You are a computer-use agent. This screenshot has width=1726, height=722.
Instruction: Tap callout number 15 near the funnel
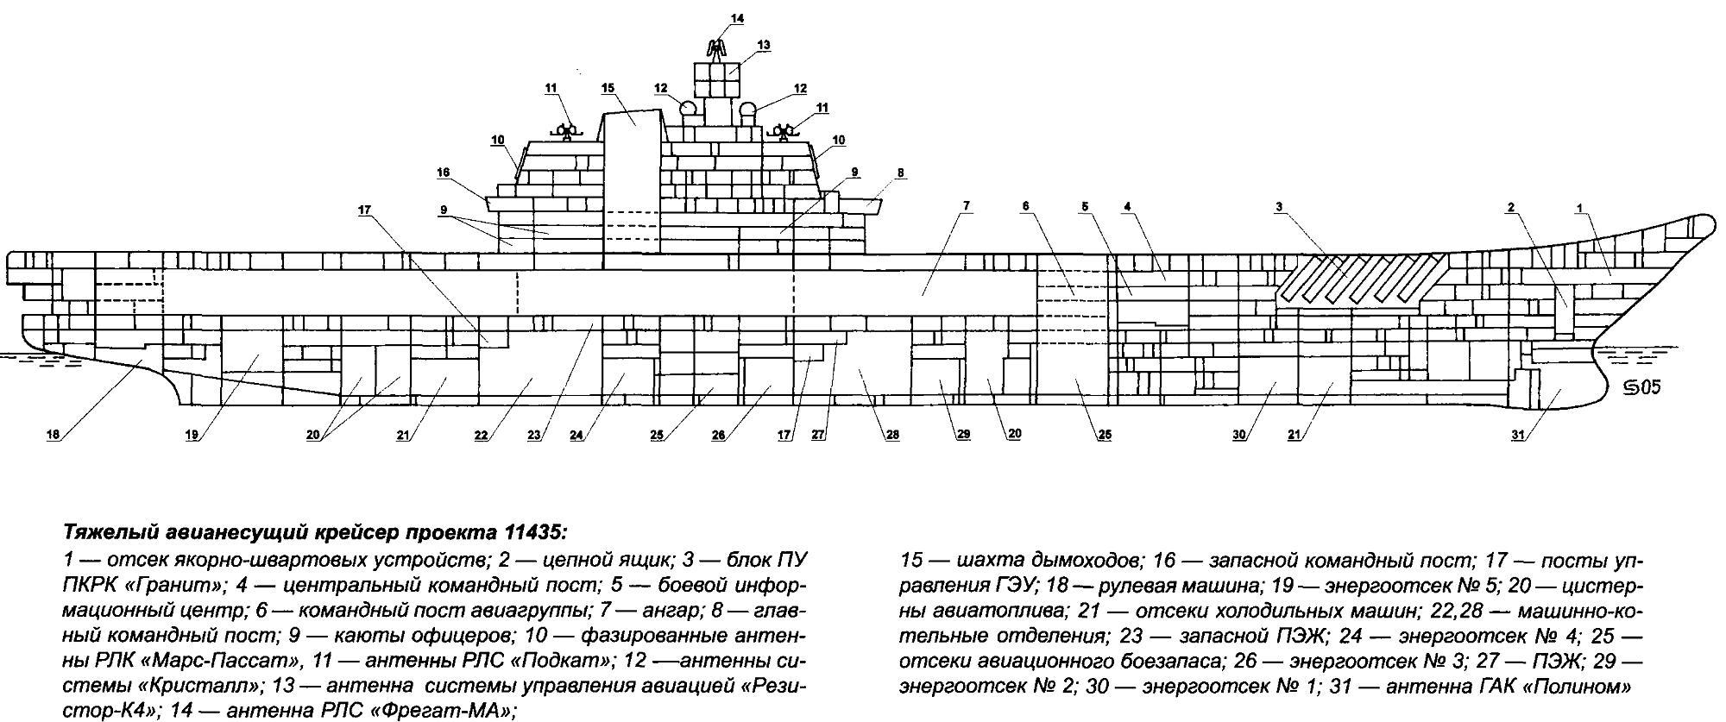pos(608,88)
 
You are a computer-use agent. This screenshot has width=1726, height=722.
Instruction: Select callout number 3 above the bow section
pos(1280,206)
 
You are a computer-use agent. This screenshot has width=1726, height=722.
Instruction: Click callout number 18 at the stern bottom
pos(54,436)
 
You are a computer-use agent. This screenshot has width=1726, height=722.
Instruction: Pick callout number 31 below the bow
pos(1518,436)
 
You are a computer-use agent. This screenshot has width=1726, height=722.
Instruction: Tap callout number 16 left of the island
pos(444,173)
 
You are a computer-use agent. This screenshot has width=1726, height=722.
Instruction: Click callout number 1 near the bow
pos(1579,208)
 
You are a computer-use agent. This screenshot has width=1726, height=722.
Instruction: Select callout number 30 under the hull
pos(1240,436)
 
